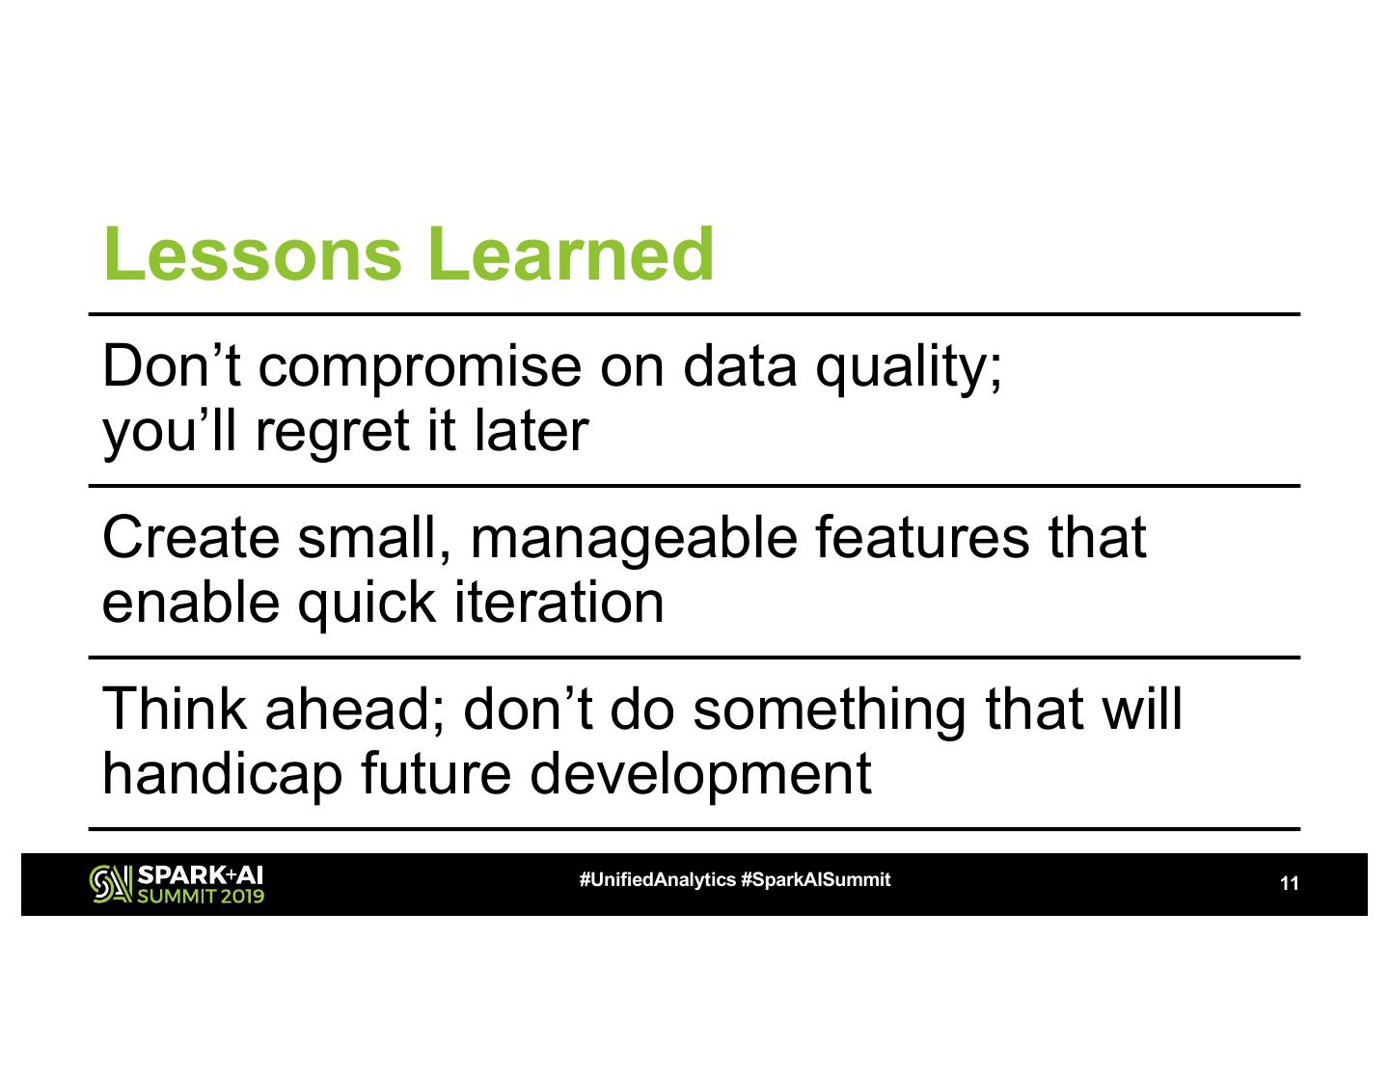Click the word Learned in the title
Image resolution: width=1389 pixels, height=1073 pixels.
tap(571, 254)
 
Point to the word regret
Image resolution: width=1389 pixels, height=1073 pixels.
tap(333, 434)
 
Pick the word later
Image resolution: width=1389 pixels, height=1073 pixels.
tap(531, 431)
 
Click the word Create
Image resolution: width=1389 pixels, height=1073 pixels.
tap(190, 538)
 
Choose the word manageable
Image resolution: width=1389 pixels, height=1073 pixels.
tap(634, 540)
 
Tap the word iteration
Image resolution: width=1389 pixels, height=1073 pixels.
tap(559, 603)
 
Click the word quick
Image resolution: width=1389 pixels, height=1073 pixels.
tap(367, 605)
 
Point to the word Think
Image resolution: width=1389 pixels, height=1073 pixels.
tap(174, 709)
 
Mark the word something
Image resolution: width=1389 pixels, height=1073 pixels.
tap(830, 712)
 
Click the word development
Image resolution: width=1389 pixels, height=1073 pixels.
tap(700, 777)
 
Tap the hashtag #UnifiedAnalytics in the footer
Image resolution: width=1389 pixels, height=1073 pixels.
tap(657, 880)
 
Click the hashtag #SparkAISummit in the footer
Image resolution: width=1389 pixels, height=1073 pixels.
tap(816, 879)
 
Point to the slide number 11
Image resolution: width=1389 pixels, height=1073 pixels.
tap(1290, 884)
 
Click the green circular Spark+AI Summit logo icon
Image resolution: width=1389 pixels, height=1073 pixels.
tap(111, 884)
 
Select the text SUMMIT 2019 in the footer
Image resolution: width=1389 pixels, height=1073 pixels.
tap(200, 896)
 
